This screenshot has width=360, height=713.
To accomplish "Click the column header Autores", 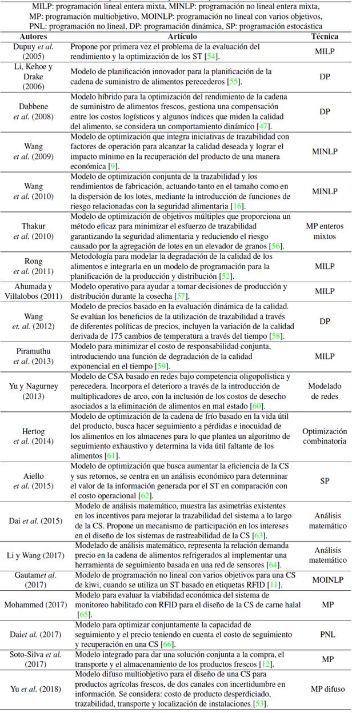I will (34, 36).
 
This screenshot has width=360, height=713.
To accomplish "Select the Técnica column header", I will (324, 36).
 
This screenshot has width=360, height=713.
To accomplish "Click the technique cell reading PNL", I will (324, 634).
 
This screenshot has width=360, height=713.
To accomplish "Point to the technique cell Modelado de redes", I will (324, 390).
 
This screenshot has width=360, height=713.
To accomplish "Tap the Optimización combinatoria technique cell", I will (324, 436).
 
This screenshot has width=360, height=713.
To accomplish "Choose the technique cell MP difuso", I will (324, 689).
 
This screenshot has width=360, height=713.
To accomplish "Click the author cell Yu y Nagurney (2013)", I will (34, 390).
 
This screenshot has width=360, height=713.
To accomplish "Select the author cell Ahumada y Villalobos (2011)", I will (34, 291).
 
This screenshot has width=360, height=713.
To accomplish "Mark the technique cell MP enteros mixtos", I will (324, 231).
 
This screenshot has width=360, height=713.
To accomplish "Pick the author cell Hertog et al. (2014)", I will (34, 436).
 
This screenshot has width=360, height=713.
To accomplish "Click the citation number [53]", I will (257, 703).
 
